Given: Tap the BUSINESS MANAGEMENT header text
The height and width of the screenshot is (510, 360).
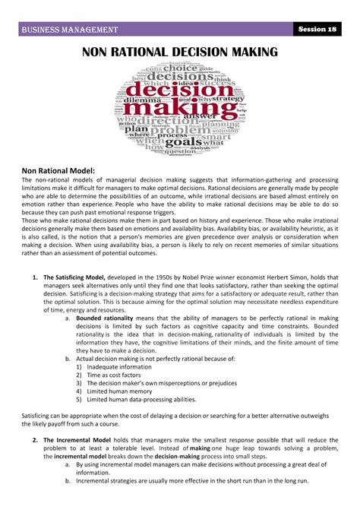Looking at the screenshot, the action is point(70,30).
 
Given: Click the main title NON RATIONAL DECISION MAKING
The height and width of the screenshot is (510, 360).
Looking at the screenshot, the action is point(180,52).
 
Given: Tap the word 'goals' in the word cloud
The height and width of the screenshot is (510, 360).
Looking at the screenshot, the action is point(182,142).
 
